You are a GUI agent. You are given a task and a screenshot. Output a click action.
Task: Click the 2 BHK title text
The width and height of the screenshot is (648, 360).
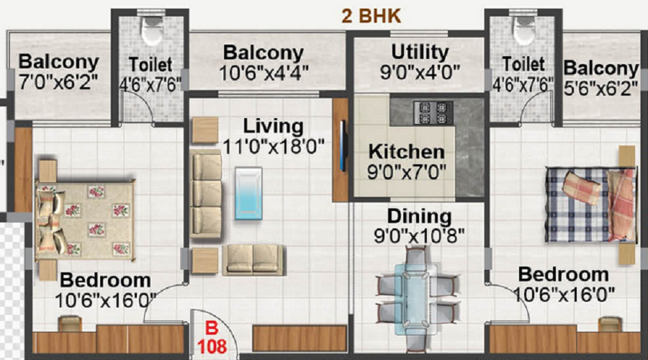tap(371, 16)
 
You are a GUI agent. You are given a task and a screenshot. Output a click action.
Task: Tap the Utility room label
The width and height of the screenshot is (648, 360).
tap(420, 52)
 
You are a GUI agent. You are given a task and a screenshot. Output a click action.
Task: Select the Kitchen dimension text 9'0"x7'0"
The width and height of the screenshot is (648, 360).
tap(407, 171)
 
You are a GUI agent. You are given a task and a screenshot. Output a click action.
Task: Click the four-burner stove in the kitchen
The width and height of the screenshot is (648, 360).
tap(433, 112)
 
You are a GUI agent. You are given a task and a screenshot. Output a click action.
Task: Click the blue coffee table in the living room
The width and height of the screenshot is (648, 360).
tap(248, 193)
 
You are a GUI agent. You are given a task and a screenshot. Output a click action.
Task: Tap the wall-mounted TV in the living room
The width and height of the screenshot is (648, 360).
tap(342, 145)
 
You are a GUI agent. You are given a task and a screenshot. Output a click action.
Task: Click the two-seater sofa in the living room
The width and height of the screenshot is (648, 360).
tap(253, 260)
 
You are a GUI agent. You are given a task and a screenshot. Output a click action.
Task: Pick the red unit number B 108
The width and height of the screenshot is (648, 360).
tap(212, 337)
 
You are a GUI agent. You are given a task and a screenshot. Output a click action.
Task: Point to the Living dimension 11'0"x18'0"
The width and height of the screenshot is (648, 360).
tap(273, 147)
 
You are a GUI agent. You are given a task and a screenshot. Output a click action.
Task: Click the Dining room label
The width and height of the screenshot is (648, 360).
tap(419, 217)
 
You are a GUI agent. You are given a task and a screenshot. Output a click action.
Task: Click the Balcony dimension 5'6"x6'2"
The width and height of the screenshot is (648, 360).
tap(602, 89)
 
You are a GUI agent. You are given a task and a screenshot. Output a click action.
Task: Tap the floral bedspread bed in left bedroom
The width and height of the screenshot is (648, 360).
tap(85, 221)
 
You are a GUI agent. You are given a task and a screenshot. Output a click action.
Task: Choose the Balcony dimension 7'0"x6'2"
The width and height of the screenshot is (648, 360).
tap(58, 82)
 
